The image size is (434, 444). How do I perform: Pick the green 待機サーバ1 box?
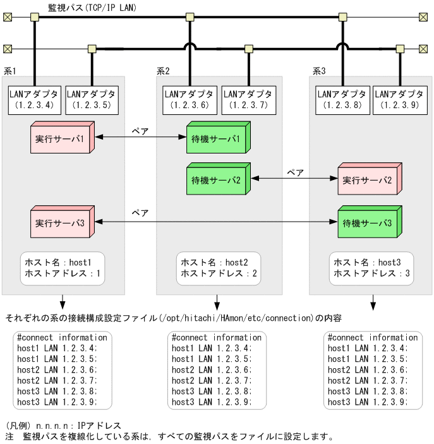pyautogui.click(x=215, y=138)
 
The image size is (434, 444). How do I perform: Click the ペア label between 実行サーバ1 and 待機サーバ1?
pyautogui.click(x=140, y=131)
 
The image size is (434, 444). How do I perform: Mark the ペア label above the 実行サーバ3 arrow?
pyautogui.click(x=140, y=213)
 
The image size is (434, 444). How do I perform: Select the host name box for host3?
pyautogui.click(x=372, y=268)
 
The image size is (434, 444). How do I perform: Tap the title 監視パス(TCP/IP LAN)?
pyautogui.click(x=92, y=8)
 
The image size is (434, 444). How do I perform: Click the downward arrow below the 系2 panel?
pyautogui.click(x=217, y=303)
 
